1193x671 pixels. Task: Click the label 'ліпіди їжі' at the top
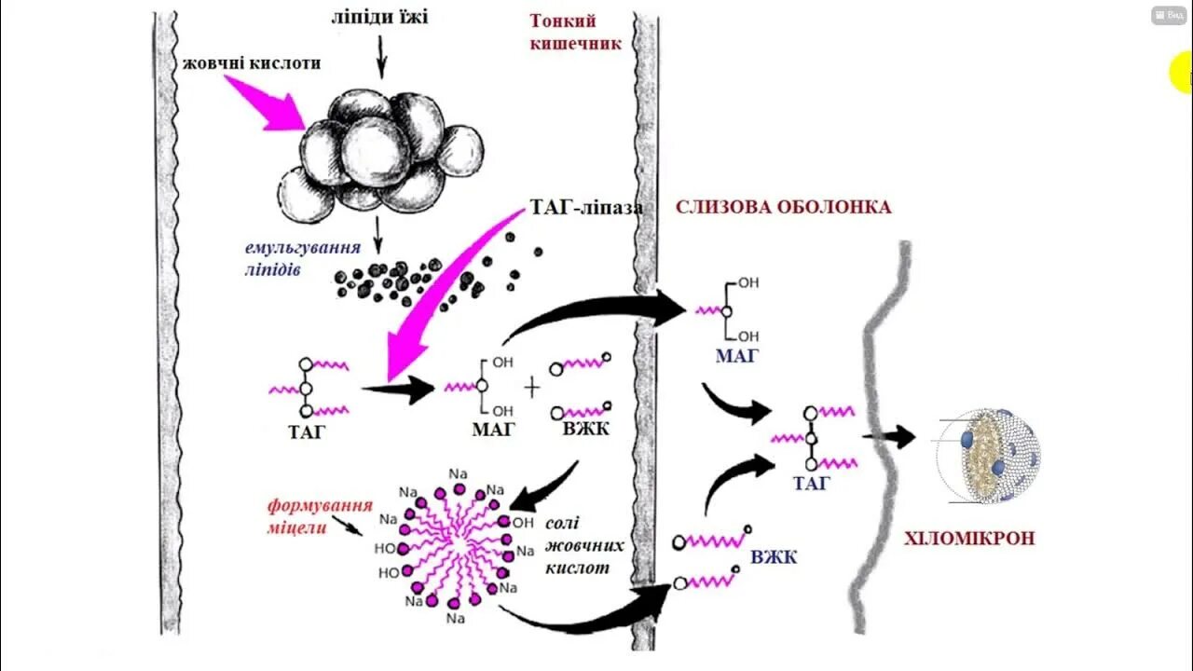tap(379, 17)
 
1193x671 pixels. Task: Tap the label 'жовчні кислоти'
tap(253, 63)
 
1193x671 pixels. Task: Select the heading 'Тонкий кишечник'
tap(575, 32)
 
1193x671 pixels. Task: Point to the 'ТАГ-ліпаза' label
tap(585, 208)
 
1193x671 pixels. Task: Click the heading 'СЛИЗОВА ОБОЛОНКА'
tap(783, 207)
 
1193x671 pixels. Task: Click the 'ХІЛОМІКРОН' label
tap(969, 539)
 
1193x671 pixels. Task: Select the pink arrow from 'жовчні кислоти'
tap(265, 103)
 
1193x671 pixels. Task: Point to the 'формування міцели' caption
tap(320, 516)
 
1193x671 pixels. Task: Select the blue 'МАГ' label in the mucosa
tap(736, 355)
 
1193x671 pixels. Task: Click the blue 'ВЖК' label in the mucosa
tap(773, 557)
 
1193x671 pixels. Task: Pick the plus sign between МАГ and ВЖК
tap(532, 388)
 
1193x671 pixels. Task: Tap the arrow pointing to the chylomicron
tap(893, 436)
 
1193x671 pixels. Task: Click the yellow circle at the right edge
tap(1181, 74)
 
